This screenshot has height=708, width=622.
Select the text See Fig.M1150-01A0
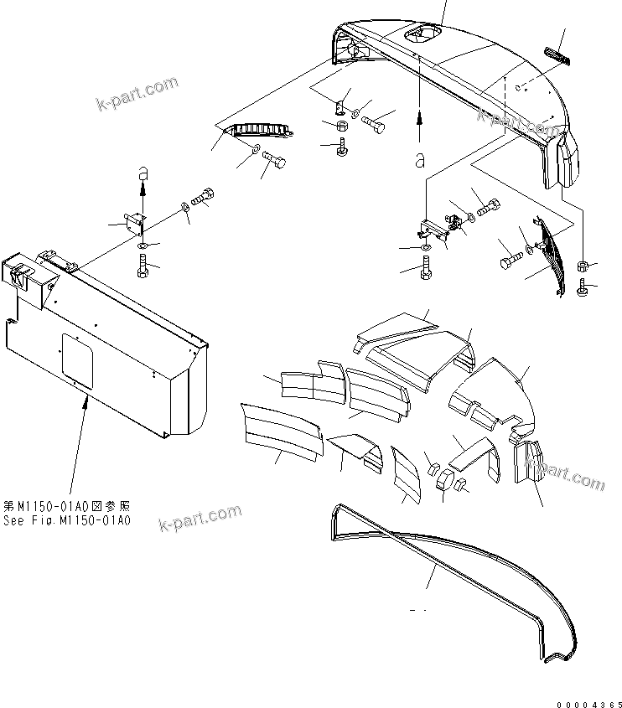point(67,520)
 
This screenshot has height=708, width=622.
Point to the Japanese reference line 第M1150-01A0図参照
point(67,507)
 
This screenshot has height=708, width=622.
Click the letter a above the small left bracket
point(143,172)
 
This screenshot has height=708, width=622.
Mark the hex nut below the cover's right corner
point(583,266)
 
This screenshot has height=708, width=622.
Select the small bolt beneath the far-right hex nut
point(583,288)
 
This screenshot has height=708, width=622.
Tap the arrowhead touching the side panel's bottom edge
point(84,401)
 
